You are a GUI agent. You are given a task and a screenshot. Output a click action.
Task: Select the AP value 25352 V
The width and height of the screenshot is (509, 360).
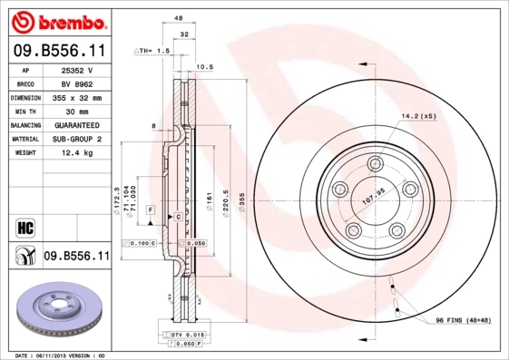click(77, 70)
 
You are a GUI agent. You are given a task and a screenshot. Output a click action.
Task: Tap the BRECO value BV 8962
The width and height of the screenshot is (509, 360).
click(77, 83)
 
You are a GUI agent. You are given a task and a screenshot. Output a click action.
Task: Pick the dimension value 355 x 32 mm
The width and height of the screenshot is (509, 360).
click(77, 97)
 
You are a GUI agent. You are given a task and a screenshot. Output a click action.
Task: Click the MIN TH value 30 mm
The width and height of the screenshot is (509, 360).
click(77, 111)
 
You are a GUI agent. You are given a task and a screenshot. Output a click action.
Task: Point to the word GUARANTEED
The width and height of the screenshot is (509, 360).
click(77, 124)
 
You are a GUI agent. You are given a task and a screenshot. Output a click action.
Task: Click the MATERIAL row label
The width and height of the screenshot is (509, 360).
click(25, 139)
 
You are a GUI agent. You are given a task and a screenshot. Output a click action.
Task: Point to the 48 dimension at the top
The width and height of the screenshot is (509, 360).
click(179, 18)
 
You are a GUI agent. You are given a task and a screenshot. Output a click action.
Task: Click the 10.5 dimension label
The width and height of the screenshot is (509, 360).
click(205, 67)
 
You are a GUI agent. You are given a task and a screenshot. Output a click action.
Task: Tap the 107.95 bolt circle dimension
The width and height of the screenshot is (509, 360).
click(375, 191)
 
